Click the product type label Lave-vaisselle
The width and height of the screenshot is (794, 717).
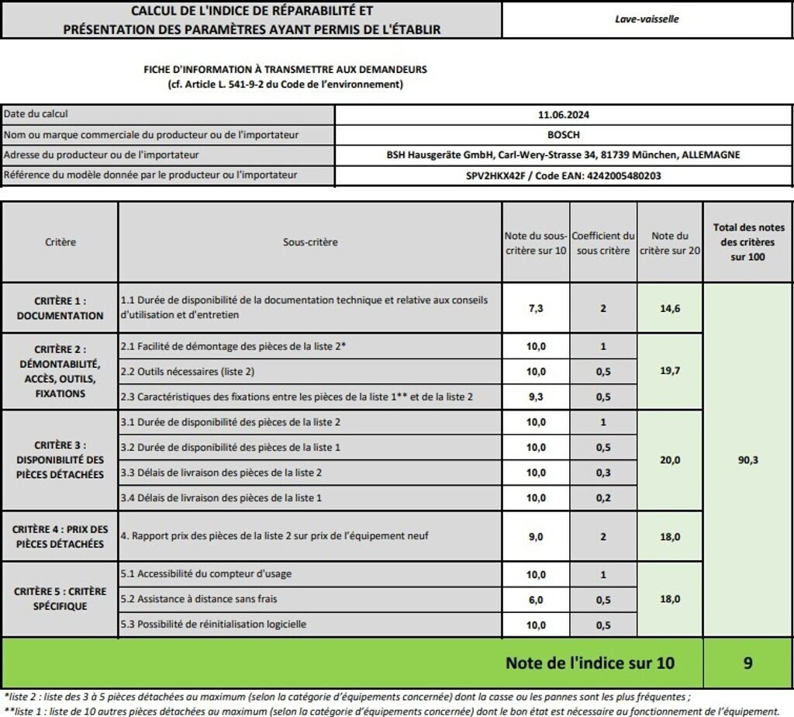646,19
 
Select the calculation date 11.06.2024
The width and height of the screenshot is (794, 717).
564,115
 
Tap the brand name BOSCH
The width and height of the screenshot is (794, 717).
564,135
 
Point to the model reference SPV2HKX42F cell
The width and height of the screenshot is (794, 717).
564,175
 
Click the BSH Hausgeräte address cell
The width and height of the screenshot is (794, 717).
564,155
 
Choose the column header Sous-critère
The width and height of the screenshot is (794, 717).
310,242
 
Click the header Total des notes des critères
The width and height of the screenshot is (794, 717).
747,241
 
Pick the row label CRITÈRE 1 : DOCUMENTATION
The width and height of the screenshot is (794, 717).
60,308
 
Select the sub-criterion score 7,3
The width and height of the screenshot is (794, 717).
535,308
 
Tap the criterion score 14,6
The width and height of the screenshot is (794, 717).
670,308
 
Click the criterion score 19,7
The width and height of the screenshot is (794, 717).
670,371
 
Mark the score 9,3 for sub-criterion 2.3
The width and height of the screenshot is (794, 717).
535,397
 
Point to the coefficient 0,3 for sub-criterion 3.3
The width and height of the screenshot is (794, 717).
602,473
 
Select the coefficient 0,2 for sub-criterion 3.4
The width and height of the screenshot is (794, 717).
602,497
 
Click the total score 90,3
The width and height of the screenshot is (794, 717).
747,460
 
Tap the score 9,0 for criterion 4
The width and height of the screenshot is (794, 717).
535,536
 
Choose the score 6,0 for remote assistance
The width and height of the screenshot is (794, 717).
535,600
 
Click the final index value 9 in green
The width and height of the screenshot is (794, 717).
747,663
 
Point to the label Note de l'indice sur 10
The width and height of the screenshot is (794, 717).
589,663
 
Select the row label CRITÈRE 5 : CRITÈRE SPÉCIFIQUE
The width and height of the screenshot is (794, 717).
60,599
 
